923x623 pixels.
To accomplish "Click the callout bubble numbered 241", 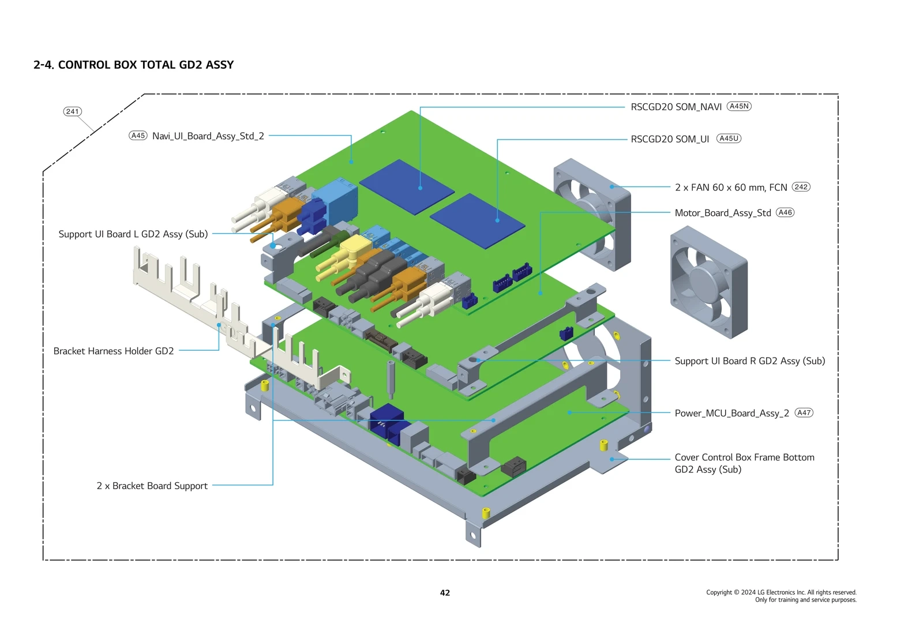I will pyautogui.click(x=73, y=111).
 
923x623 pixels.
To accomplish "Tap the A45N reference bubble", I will pyautogui.click(x=739, y=106).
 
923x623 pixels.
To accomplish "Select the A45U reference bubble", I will pyautogui.click(x=729, y=138).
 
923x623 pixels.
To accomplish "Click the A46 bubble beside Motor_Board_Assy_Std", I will pyautogui.click(x=785, y=212).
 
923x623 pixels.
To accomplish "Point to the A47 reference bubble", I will pyautogui.click(x=804, y=412).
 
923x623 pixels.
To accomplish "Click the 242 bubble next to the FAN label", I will pyautogui.click(x=801, y=187).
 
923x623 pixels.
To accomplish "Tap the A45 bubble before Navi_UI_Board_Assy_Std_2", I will pyautogui.click(x=138, y=136).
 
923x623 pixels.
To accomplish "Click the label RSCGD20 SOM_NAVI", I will pyautogui.click(x=676, y=107).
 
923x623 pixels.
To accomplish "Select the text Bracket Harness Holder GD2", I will pyautogui.click(x=114, y=351).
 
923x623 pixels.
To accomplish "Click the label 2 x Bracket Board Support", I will pyautogui.click(x=152, y=486).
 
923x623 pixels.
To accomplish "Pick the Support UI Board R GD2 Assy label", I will pyautogui.click(x=749, y=361).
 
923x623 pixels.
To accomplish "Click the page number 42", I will pyautogui.click(x=445, y=592).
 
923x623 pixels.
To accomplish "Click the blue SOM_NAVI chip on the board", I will pyautogui.click(x=407, y=187).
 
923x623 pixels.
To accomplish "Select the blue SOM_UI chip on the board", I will pyautogui.click(x=477, y=220).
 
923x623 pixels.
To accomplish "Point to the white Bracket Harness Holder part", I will pyautogui.click(x=190, y=288).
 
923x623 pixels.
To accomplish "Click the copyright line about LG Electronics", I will pyautogui.click(x=781, y=592).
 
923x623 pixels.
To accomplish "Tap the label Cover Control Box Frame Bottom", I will pyautogui.click(x=744, y=457).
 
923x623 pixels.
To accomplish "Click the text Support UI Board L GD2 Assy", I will pyautogui.click(x=133, y=234).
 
